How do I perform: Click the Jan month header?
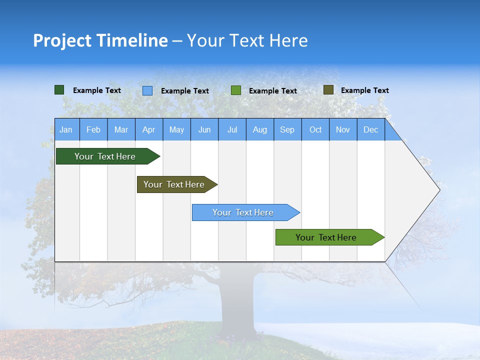point(66,129)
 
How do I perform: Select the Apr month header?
point(148,129)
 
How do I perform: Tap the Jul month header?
point(232,129)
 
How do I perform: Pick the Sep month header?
point(287,129)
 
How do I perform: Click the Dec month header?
point(370,129)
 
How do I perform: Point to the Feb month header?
point(93,129)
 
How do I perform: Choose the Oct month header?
point(315,129)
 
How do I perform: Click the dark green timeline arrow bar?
point(105,156)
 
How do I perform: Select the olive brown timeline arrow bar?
point(174,184)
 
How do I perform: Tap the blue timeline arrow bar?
point(243,212)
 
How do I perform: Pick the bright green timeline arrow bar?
point(326,237)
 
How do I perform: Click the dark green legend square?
point(59,90)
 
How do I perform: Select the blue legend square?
point(147,90)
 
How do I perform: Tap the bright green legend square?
point(236,90)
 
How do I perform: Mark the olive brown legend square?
point(328,90)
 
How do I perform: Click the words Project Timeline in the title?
point(100,40)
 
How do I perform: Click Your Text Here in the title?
point(247,40)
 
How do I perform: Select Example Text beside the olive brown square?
point(364,90)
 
